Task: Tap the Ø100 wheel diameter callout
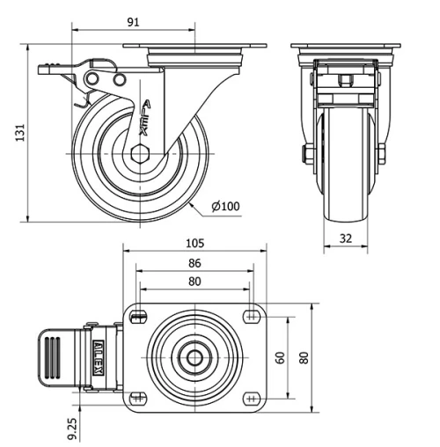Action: click(226, 207)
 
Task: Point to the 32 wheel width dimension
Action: click(346, 238)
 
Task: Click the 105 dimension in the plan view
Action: click(194, 244)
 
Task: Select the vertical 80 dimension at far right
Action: click(304, 357)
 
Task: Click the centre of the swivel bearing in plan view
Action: click(194, 357)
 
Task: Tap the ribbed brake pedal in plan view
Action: click(55, 357)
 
